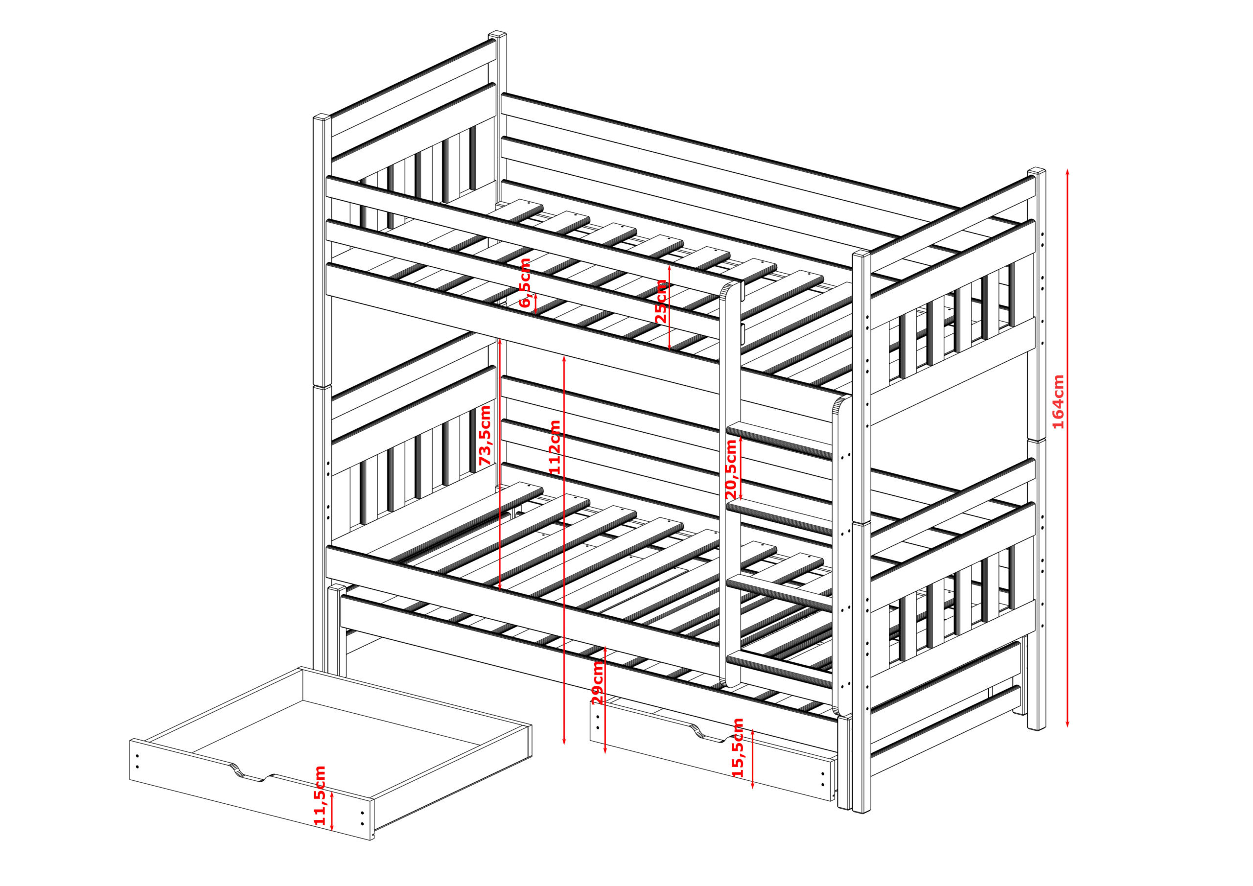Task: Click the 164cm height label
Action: (x=1058, y=402)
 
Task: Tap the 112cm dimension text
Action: (x=555, y=447)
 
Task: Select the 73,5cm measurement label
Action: (x=485, y=435)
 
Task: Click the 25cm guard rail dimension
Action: (x=660, y=302)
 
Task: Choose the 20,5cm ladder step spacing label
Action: (x=731, y=469)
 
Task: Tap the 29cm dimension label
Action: (x=598, y=682)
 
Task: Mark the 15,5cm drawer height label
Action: (x=738, y=747)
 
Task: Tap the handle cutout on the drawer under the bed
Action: (x=712, y=735)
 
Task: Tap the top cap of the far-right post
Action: (x=1036, y=171)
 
